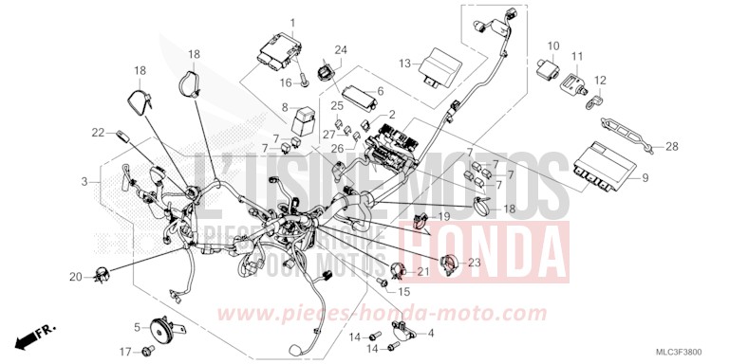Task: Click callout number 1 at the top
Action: click(292, 23)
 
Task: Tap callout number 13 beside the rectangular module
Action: click(404, 64)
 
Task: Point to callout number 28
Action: click(672, 146)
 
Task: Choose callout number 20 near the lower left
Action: click(75, 277)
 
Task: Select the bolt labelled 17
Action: click(146, 352)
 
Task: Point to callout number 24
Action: click(341, 49)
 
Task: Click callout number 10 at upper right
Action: click(553, 46)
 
